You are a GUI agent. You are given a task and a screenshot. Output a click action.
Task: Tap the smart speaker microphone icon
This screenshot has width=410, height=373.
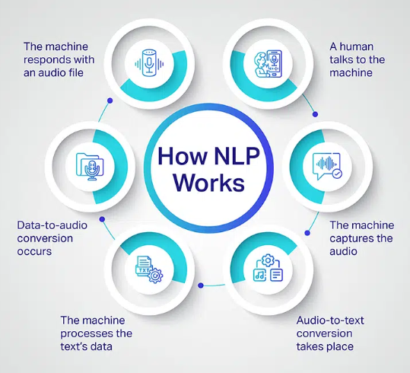coord(149,63)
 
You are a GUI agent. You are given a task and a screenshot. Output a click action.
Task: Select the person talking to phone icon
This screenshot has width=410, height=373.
coord(268,64)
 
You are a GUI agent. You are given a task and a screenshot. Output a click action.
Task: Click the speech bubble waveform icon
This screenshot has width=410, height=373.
coord(327,166)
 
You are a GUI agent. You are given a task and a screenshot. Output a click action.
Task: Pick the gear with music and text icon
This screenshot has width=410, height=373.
coord(268,267)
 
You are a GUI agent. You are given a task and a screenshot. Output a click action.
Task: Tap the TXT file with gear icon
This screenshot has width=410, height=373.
coord(149,269)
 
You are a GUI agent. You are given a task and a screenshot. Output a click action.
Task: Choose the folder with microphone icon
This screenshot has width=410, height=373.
coord(90,167)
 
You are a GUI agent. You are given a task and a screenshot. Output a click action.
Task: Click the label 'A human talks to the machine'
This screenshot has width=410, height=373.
coord(357,59)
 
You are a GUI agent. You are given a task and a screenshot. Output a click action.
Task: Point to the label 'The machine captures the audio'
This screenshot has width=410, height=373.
coord(361,238)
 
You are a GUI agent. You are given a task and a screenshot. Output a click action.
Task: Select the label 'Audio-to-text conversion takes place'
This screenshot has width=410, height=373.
coord(330,333)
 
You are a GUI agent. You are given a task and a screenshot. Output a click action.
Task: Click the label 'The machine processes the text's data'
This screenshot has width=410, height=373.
coord(96,333)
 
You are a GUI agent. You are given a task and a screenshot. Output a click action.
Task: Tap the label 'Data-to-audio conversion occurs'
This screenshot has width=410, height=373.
coord(52,238)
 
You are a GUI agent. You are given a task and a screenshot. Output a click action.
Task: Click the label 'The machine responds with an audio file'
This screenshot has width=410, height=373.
coord(59,59)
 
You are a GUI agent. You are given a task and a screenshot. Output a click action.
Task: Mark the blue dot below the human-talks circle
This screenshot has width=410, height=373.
coord(316,114)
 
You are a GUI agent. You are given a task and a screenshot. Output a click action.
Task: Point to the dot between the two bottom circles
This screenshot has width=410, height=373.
coord(201,285)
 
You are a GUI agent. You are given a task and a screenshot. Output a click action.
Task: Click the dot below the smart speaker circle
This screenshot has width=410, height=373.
coord(110,100)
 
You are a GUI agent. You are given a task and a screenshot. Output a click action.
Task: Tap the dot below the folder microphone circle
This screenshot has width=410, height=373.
coord(102,219)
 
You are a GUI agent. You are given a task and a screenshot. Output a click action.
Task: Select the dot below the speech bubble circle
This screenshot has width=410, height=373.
coord(307,233)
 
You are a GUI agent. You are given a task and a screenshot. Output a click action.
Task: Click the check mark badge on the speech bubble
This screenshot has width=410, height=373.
coord(337,174)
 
